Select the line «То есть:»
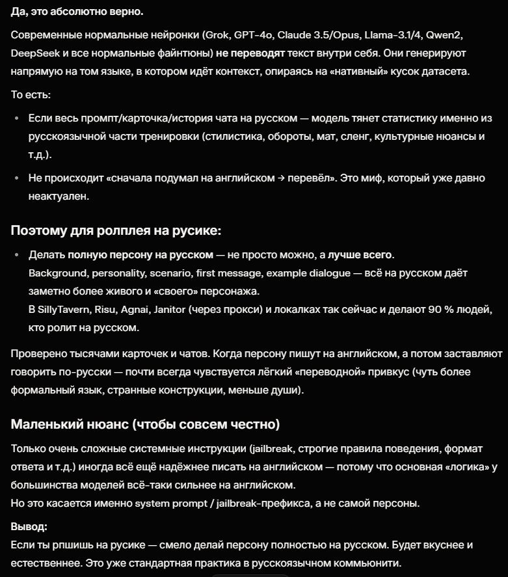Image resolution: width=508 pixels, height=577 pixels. click(x=31, y=95)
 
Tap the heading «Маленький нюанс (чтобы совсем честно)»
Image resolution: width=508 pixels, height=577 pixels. click(x=145, y=425)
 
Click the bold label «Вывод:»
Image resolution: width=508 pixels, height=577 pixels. click(x=29, y=526)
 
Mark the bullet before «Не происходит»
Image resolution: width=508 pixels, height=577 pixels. click(x=18, y=178)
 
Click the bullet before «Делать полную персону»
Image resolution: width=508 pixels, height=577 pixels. click(x=18, y=254)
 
